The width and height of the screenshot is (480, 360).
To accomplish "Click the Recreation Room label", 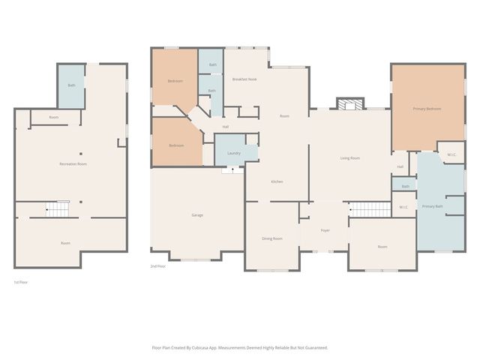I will [73, 163].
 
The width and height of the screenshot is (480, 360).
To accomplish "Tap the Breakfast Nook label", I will [244, 79].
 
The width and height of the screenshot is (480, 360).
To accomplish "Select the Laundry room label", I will [233, 153].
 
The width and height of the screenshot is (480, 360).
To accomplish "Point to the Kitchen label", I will [277, 181].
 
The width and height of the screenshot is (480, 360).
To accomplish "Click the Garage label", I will [197, 215].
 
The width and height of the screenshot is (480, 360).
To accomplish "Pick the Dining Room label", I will [272, 238].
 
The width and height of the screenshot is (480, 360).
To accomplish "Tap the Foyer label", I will [325, 230].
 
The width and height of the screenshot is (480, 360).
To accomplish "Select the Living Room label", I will [350, 157].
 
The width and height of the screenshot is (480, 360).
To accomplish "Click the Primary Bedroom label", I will [427, 109].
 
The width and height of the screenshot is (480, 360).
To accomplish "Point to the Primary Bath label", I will [433, 206].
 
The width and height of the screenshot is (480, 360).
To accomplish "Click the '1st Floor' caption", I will [21, 282].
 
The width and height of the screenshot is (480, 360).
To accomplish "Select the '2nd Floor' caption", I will [157, 266].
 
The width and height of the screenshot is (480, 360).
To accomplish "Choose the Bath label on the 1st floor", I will [71, 85].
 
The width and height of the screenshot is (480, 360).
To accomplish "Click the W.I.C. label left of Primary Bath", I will [403, 206].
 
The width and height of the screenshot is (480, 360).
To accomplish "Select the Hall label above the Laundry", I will [225, 127].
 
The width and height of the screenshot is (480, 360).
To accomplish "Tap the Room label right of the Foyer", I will [382, 247].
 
